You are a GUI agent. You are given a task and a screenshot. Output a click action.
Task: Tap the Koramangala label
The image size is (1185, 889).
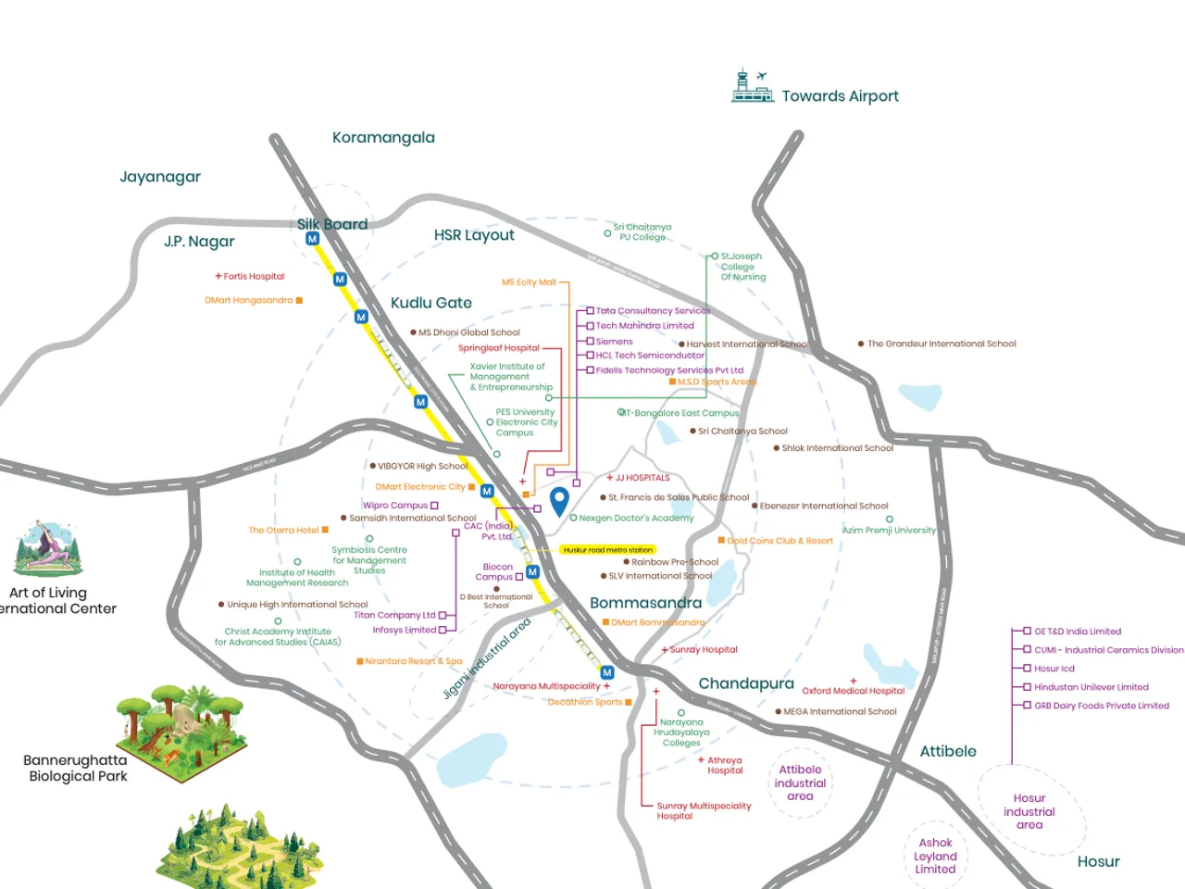click(x=383, y=138)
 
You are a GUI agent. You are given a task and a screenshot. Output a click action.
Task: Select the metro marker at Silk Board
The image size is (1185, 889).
click(x=312, y=239)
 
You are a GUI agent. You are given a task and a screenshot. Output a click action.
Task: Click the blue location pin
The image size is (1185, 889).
click(x=559, y=501)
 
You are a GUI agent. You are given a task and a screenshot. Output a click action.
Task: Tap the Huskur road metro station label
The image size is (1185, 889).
click(x=607, y=550)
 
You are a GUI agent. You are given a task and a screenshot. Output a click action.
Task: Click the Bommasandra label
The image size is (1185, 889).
click(x=645, y=603)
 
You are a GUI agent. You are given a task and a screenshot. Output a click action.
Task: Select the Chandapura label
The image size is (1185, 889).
click(x=745, y=683)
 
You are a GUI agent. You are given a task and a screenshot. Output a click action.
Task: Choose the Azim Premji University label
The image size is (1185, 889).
click(x=889, y=531)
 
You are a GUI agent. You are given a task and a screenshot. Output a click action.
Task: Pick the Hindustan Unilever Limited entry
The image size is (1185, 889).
click(x=1091, y=687)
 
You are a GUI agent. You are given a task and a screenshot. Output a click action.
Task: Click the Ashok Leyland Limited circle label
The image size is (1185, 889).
click(x=935, y=856)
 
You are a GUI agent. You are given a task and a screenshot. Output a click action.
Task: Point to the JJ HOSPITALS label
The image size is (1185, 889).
click(x=642, y=478)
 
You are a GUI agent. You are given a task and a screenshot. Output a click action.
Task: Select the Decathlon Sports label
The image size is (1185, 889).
click(x=585, y=702)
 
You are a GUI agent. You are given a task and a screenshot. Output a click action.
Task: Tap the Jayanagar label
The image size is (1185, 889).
click(x=160, y=177)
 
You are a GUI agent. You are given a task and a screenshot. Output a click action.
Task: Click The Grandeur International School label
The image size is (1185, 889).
click(x=941, y=344)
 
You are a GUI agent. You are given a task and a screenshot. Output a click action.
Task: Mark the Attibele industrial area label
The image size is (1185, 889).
click(x=800, y=783)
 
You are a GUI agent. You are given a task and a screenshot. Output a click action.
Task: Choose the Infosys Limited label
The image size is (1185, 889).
click(x=404, y=630)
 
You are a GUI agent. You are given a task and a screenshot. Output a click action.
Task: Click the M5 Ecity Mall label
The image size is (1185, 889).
click(x=529, y=282)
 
